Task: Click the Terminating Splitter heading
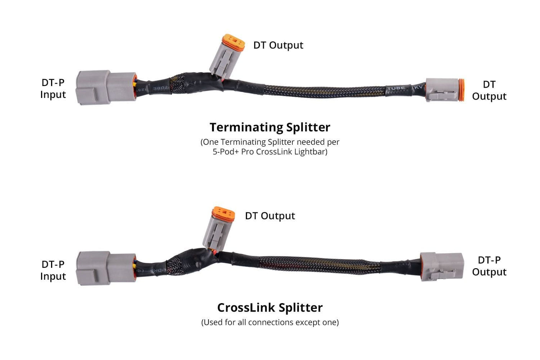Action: [270, 127]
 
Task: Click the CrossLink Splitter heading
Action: [270, 307]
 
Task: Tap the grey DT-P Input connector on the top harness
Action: [106, 87]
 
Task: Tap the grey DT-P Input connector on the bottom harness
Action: [106, 268]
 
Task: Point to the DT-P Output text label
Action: [489, 266]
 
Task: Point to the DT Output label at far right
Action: [489, 90]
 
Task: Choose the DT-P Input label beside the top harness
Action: [53, 89]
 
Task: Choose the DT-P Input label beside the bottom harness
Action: [53, 270]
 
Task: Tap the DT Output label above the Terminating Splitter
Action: [278, 45]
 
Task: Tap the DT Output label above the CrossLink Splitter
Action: [270, 216]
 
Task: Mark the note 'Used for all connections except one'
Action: [270, 322]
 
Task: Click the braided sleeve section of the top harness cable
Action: [323, 91]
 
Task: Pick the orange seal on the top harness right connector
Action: [461, 90]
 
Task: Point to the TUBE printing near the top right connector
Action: [396, 88]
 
